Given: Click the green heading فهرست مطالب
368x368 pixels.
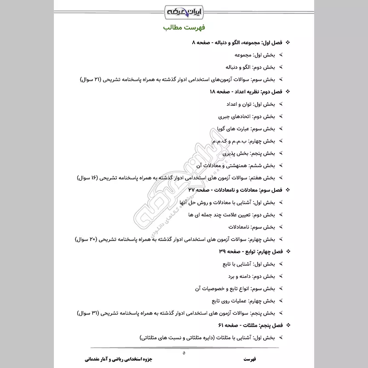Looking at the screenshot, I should pyautogui.click(x=184, y=28).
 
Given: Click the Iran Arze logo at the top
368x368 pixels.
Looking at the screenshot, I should pyautogui.click(x=184, y=10).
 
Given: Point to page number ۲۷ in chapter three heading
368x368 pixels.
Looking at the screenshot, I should pyautogui.click(x=192, y=190).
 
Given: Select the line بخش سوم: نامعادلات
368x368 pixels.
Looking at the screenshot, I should pyautogui.click(x=252, y=227).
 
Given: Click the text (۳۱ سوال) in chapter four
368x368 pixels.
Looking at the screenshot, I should pyautogui.click(x=89, y=313).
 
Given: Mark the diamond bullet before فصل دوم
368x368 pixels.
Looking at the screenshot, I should pyautogui.click(x=288, y=92).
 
